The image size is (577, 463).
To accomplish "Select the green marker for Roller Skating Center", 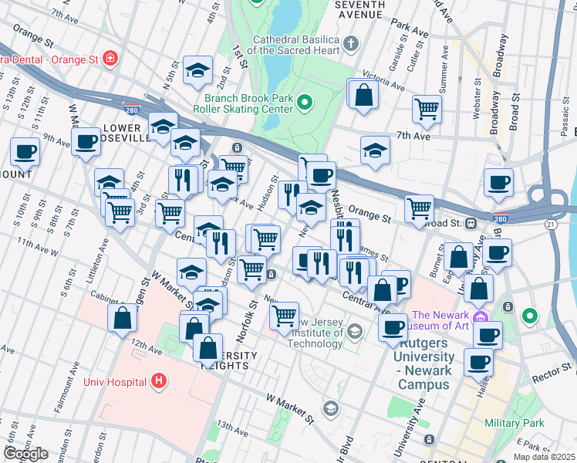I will [305, 101].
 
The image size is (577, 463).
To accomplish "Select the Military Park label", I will [514, 423].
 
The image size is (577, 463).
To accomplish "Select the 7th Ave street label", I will [413, 136].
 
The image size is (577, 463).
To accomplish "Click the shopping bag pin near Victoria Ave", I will [364, 96].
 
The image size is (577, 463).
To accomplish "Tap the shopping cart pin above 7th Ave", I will [426, 109].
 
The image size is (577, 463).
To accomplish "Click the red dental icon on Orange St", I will [110, 58].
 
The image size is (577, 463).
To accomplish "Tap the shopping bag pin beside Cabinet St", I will [123, 318].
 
